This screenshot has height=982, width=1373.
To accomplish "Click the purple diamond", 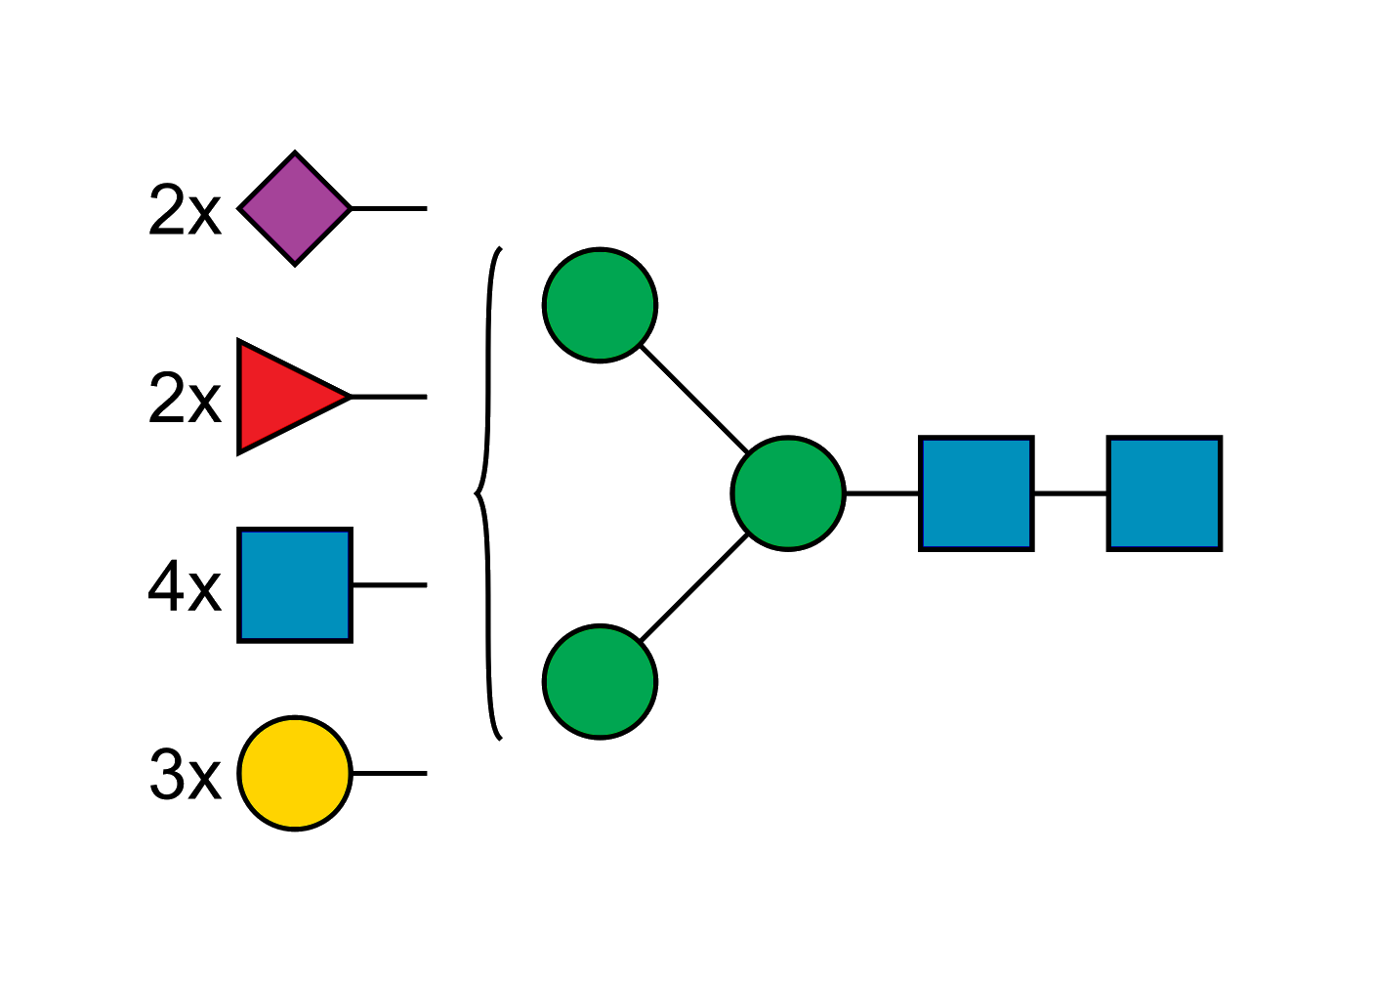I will click(x=295, y=208).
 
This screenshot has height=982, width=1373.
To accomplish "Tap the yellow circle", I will click(x=295, y=773).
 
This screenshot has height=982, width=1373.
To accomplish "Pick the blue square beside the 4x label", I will click(x=294, y=586).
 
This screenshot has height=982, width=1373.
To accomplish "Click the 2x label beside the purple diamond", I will click(x=185, y=210).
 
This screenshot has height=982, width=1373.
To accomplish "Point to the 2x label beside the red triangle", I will click(x=185, y=398).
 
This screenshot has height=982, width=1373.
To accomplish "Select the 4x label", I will click(x=185, y=587).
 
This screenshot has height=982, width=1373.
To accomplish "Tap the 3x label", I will click(x=185, y=775).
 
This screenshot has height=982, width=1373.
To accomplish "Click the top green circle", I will click(x=600, y=305).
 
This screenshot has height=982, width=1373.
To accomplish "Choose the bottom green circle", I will click(x=600, y=681).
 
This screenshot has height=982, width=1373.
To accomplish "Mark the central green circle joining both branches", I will click(x=787, y=492).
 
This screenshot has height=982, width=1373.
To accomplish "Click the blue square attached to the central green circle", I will click(x=977, y=492).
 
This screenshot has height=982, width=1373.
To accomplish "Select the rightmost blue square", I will click(x=1164, y=492).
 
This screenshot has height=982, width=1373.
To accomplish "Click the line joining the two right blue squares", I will click(x=1070, y=494).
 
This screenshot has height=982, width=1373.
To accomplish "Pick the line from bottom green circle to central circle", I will click(x=695, y=588).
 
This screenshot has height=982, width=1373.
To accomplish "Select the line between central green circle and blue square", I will click(x=883, y=494).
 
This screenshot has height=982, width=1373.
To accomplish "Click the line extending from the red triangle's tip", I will click(x=389, y=397).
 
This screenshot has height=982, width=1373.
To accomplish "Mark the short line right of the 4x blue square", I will click(x=389, y=585).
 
